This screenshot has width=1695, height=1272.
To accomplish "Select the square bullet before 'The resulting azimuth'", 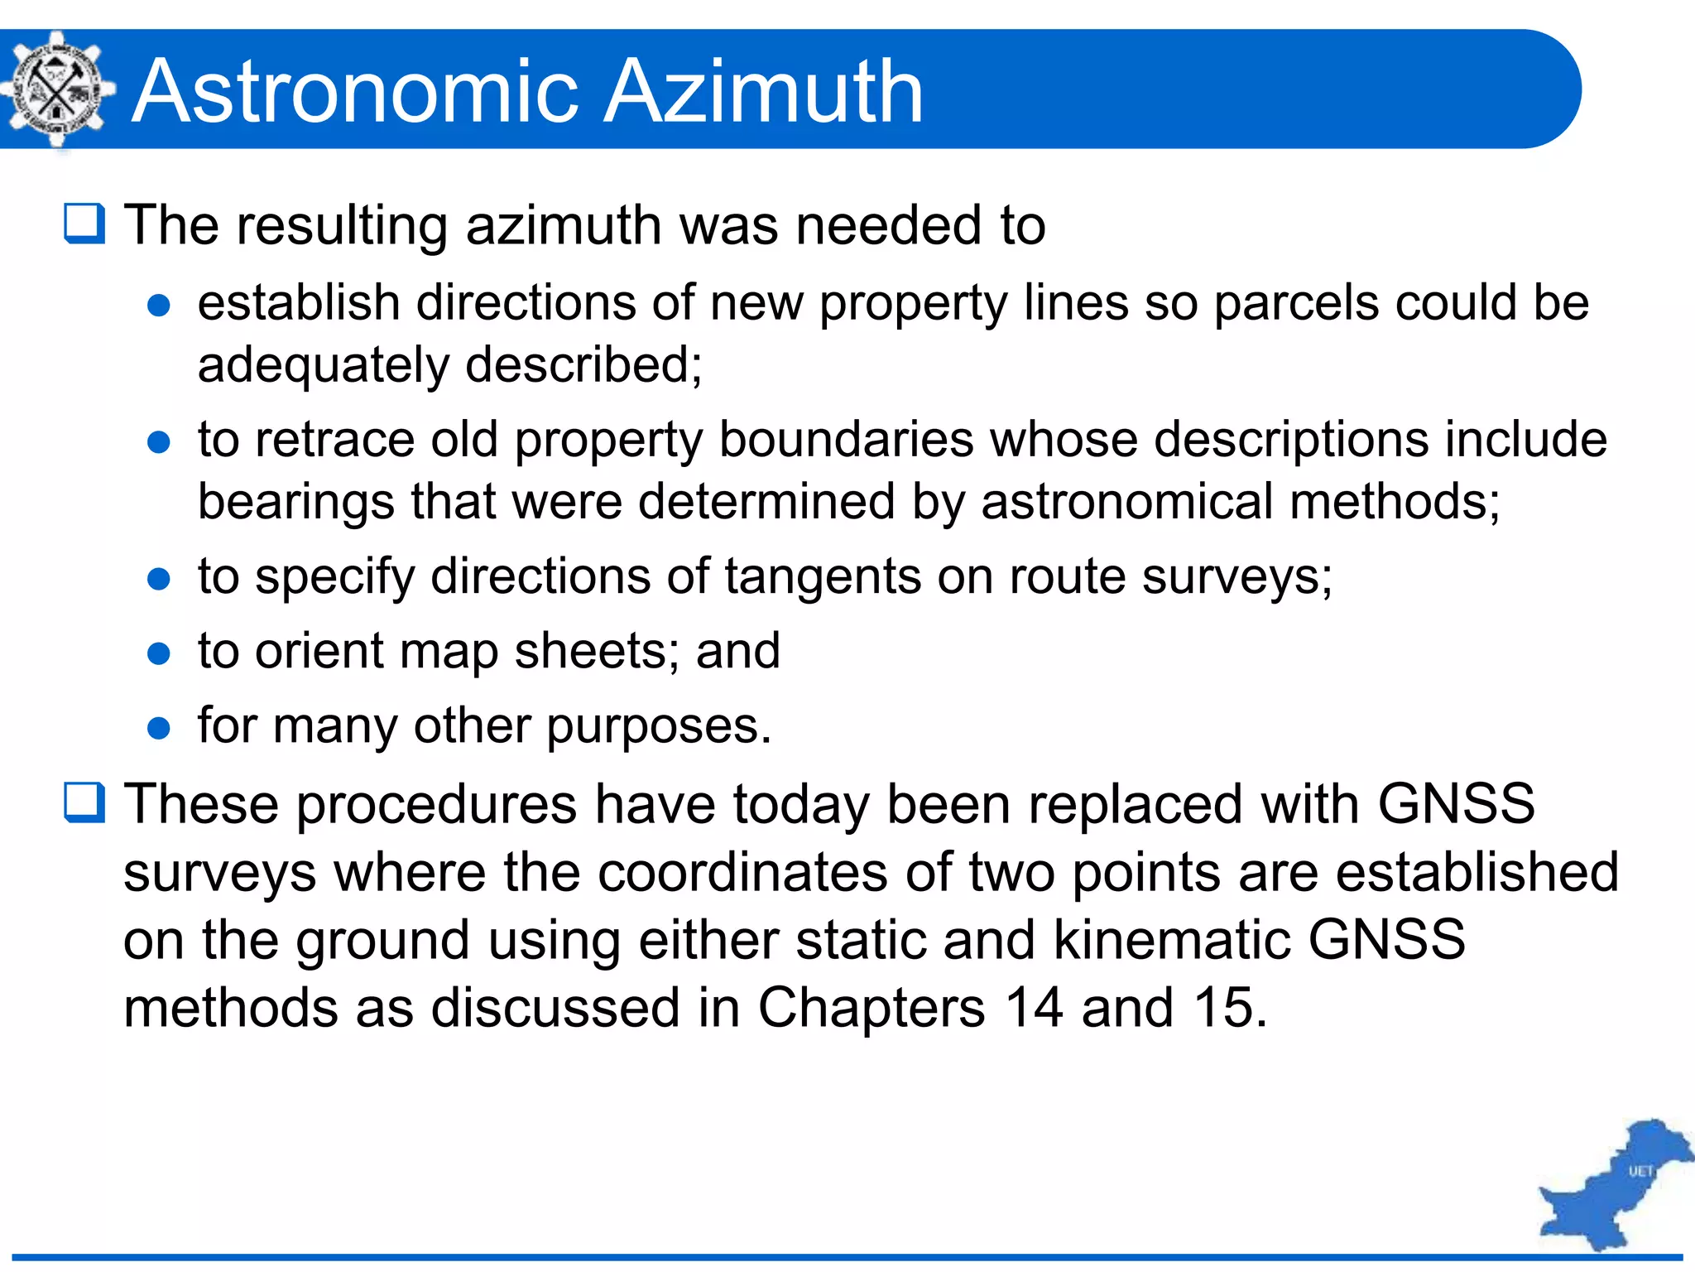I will click(84, 224).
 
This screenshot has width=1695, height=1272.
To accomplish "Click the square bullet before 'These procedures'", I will click(84, 802).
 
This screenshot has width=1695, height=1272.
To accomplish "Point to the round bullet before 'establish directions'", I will click(158, 306).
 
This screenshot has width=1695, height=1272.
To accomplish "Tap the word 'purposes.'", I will click(659, 727).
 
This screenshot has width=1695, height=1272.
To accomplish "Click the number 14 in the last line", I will click(1033, 1008).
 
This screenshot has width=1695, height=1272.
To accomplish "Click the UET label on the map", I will click(1640, 1171).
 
